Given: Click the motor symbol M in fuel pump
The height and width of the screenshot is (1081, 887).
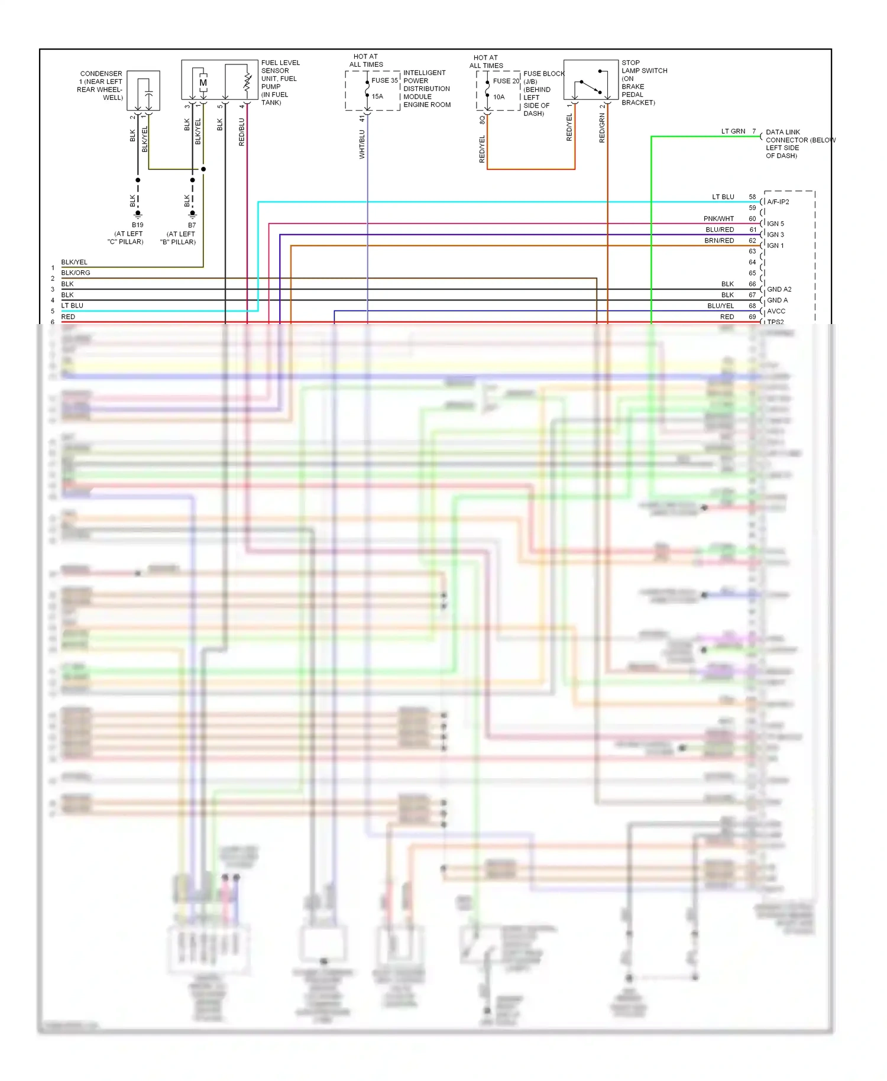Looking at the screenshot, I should coord(203,83).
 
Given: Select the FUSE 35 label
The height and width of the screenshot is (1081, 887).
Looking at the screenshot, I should coord(384,80).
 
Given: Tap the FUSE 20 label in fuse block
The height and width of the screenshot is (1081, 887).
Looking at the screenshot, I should coord(506,81).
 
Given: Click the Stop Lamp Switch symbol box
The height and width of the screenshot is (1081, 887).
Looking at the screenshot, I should coord(591,80).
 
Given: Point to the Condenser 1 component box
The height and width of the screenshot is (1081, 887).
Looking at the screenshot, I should coord(143,90).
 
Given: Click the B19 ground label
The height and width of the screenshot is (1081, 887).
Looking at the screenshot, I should coord(137,225).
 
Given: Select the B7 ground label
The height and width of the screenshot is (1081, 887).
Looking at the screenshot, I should coord(192,225).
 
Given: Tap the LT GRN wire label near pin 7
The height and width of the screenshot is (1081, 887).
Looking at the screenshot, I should coord(733,131).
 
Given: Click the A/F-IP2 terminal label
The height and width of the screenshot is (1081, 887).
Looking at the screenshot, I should coord(778,202).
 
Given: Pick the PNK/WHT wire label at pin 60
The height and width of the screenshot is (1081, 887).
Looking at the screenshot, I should coord(718,219).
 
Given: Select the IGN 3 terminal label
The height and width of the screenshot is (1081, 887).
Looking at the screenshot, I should coord(775,235).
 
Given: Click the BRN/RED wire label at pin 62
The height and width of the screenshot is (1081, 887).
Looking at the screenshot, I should coord(719,241).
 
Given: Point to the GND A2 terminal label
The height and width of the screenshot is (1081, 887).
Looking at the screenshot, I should coord(779,289).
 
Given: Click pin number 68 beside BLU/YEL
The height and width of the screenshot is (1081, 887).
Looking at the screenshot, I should coord(752,306).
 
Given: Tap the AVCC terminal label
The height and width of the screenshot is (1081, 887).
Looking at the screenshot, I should coord(776,311).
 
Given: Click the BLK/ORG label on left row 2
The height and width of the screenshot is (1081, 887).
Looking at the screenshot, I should coord(76,273).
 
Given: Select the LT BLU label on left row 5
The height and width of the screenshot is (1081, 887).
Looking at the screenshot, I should coord(72,306).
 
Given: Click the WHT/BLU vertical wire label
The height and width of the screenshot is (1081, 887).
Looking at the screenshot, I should coord(362,144).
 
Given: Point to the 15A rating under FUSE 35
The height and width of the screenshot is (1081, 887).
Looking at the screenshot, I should coord(377,96).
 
